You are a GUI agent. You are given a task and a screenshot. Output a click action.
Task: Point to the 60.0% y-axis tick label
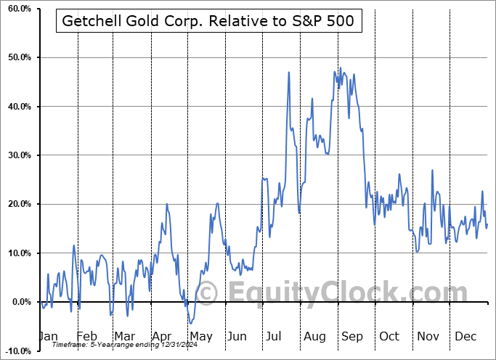coord(17,9)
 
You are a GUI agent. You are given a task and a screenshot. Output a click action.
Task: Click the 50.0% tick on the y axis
coord(17,57)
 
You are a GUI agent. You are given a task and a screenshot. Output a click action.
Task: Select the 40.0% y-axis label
coord(17,107)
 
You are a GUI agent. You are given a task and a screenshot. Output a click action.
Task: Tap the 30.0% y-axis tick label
coord(17,155)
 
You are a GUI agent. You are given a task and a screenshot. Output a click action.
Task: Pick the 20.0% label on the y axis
coord(17,204)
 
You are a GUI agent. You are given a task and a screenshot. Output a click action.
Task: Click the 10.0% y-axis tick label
coord(17,253)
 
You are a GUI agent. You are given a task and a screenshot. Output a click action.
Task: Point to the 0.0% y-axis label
coord(19,302)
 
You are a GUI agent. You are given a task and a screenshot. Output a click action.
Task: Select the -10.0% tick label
coord(16,351)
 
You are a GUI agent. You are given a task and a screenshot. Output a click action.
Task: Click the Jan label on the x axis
coord(48,336)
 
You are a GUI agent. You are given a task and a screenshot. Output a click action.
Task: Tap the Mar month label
coord(124,336)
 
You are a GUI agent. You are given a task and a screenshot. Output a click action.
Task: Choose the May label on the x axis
coord(201,336)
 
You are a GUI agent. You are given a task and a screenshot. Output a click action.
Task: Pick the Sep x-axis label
coord(353,336)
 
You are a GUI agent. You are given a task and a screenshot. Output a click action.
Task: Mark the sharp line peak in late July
coord(288,72)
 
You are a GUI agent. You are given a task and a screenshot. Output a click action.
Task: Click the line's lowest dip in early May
coord(189,323)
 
